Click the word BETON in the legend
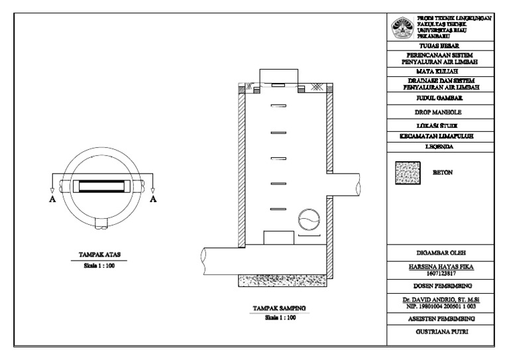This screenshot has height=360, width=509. [x=442, y=170]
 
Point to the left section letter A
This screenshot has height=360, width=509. [x=52, y=200]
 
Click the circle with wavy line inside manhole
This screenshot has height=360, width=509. [x=308, y=219]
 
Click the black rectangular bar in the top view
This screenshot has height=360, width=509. [x=102, y=186]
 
